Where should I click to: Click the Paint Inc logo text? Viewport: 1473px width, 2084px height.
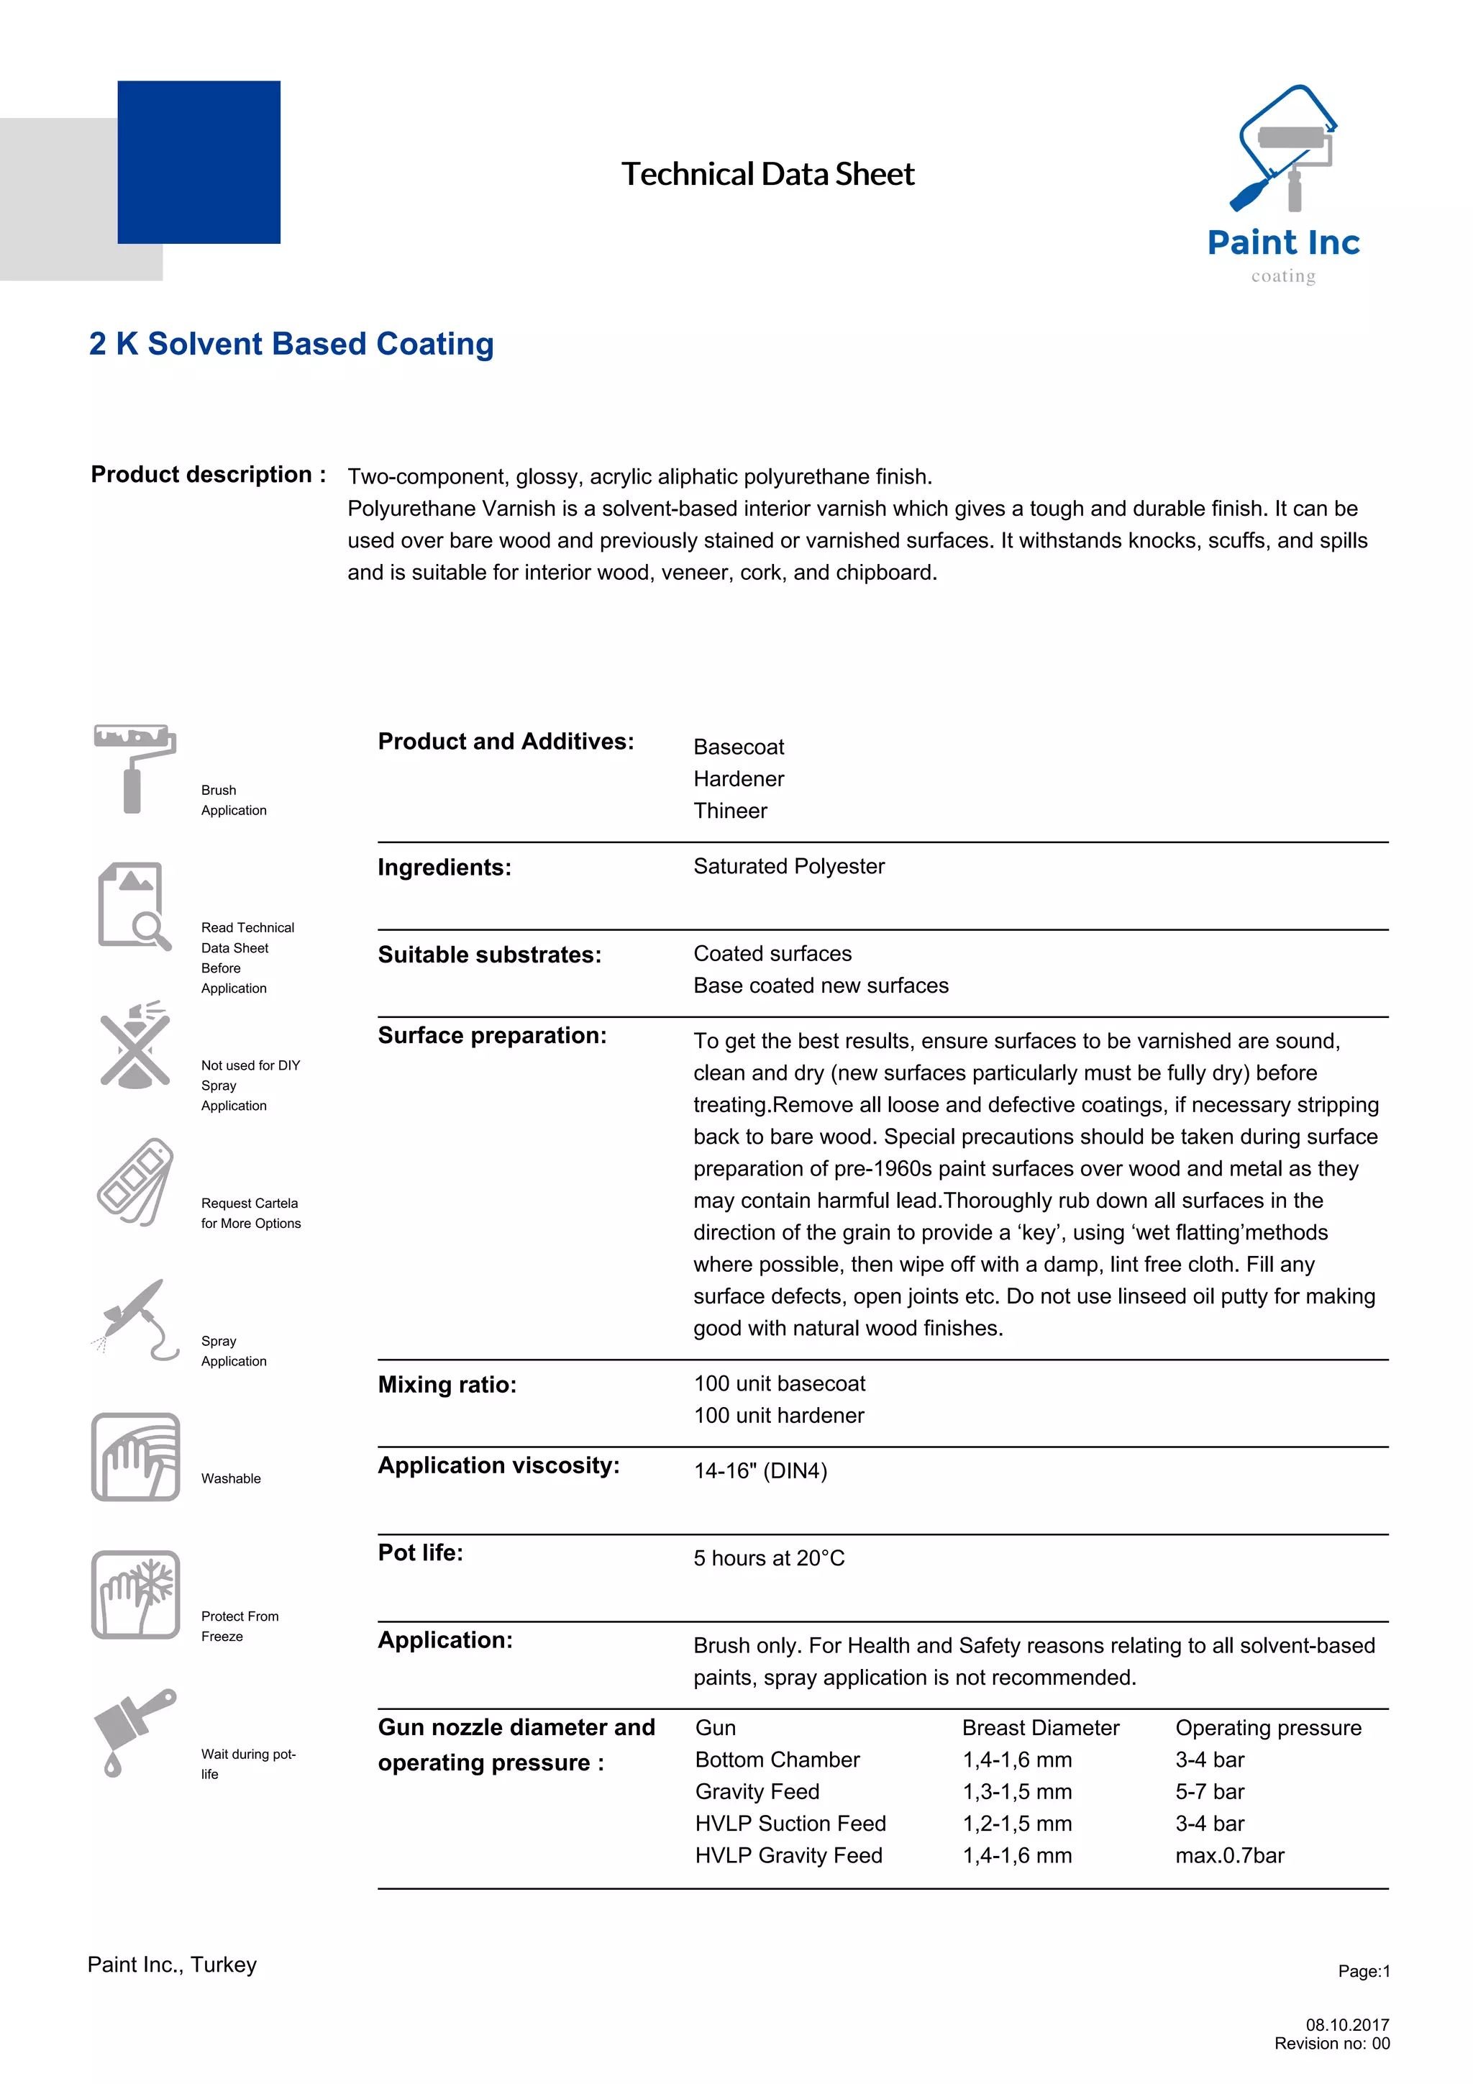[x=1282, y=243]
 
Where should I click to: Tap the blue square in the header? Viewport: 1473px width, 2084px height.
[x=199, y=163]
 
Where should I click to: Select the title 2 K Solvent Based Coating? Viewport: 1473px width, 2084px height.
[x=291, y=344]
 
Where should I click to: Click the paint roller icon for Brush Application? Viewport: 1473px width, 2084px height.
[x=134, y=768]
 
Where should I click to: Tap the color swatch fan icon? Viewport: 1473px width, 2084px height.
[x=134, y=1182]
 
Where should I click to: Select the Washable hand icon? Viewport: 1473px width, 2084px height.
[x=135, y=1457]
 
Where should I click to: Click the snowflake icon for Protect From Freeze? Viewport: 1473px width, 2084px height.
[x=135, y=1595]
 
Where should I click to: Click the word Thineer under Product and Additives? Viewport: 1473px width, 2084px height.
[x=730, y=811]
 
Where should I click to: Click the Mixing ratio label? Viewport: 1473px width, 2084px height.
[x=447, y=1384]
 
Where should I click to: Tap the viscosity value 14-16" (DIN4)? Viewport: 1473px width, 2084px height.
[x=760, y=1470]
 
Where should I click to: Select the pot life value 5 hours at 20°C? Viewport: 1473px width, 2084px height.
[x=768, y=1557]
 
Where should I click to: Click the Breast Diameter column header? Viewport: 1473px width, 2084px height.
[x=1040, y=1727]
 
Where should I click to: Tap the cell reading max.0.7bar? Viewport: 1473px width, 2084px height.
[x=1229, y=1855]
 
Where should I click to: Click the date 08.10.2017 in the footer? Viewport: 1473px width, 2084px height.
[x=1347, y=2024]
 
